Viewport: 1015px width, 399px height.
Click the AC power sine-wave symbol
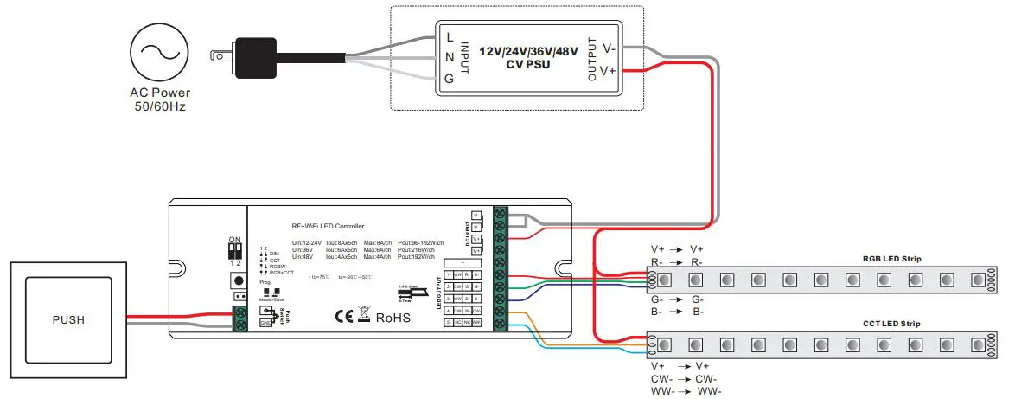(159, 53)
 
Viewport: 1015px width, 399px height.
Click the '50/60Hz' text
(159, 106)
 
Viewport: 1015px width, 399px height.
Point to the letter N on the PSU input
(449, 58)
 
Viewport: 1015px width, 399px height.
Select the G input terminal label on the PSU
(449, 79)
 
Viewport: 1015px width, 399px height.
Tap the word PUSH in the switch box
(68, 319)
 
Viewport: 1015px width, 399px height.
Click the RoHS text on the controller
(393, 318)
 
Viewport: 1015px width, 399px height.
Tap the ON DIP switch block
(233, 250)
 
